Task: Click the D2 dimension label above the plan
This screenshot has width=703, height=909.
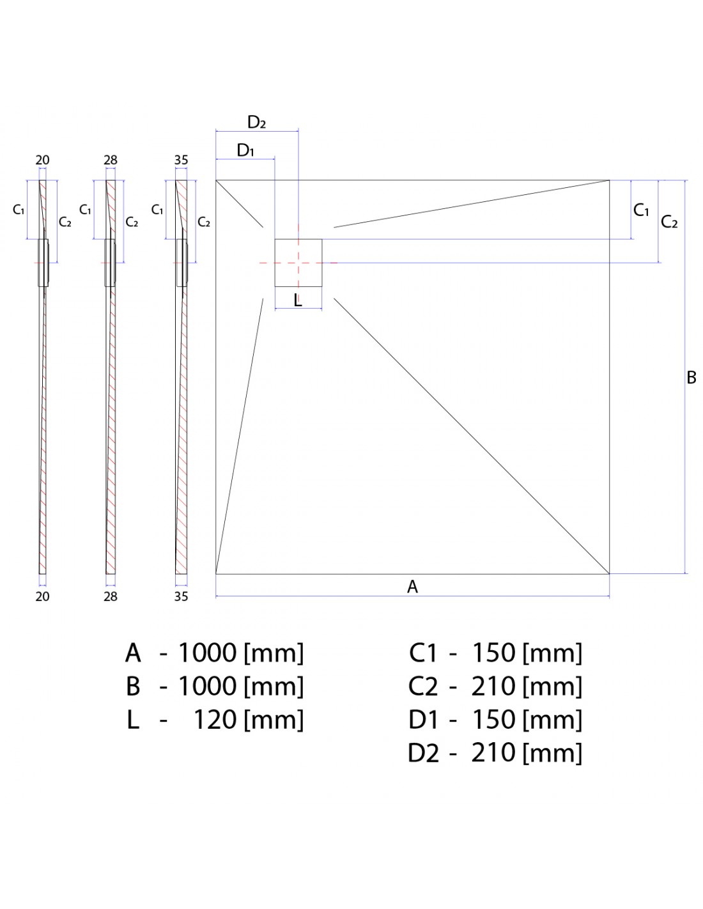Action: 256,122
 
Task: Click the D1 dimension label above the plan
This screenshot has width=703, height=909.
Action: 245,151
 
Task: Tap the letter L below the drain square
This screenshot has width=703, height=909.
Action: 298,300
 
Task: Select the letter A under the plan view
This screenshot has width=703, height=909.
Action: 412,586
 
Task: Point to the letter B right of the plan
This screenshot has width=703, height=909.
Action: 691,377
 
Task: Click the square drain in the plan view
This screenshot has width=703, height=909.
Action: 298,262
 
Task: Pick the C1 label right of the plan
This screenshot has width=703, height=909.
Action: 641,210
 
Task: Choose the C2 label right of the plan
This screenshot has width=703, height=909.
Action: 669,222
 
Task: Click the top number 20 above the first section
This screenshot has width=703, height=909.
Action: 42,160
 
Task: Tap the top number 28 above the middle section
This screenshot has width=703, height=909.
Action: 111,160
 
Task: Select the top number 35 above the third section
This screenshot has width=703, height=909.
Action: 181,160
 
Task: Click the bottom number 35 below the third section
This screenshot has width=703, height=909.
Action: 181,596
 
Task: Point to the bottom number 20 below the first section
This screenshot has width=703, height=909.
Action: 42,596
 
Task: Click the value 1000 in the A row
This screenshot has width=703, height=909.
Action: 207,653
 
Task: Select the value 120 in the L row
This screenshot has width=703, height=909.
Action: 215,720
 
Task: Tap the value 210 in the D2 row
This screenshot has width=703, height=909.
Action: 493,753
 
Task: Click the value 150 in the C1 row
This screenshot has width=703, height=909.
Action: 493,653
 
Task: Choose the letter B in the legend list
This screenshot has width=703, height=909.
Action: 133,687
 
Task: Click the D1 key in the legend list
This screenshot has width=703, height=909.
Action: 424,720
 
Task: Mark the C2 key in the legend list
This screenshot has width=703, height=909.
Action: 423,687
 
